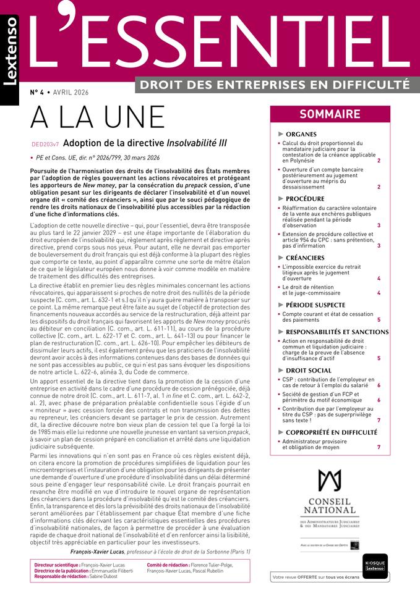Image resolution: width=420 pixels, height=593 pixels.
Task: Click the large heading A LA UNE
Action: point(97,117)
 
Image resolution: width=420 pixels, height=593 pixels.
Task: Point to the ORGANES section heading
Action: point(301,134)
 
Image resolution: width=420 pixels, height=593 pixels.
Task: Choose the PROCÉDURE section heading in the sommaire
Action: point(305,199)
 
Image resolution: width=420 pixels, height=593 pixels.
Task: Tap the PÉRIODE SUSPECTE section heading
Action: point(315,305)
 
